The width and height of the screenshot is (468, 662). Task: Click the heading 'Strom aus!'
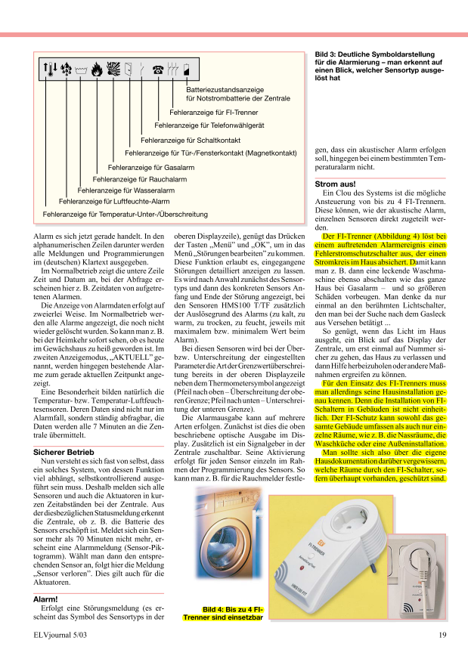coord(334,184)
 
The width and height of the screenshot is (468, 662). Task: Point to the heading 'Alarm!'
coord(45,598)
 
